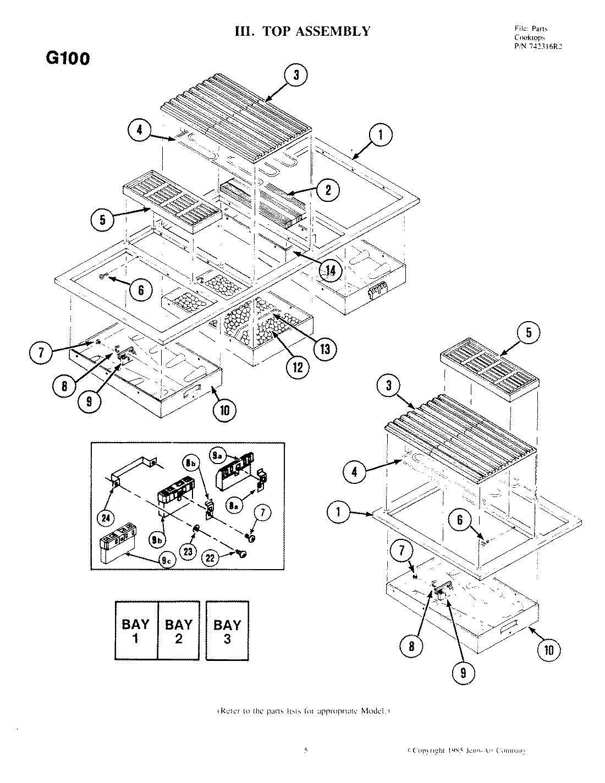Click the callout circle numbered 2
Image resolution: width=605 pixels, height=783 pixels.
328,190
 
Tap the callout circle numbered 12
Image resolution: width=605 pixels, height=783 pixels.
297,367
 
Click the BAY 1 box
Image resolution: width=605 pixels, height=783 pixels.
136,631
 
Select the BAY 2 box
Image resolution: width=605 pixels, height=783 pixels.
179,631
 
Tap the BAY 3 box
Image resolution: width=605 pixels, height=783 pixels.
227,631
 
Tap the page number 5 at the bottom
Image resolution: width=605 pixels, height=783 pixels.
305,750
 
